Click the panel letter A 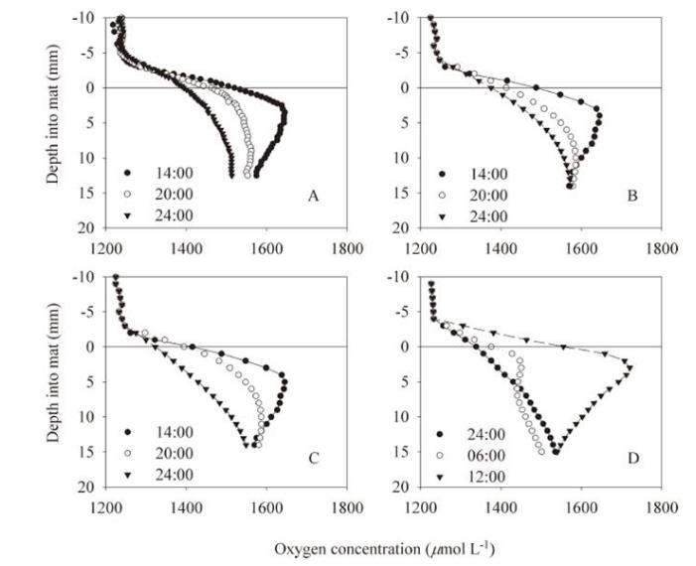tap(313, 198)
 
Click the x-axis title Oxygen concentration tap(383, 548)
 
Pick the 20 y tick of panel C tap(86, 488)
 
